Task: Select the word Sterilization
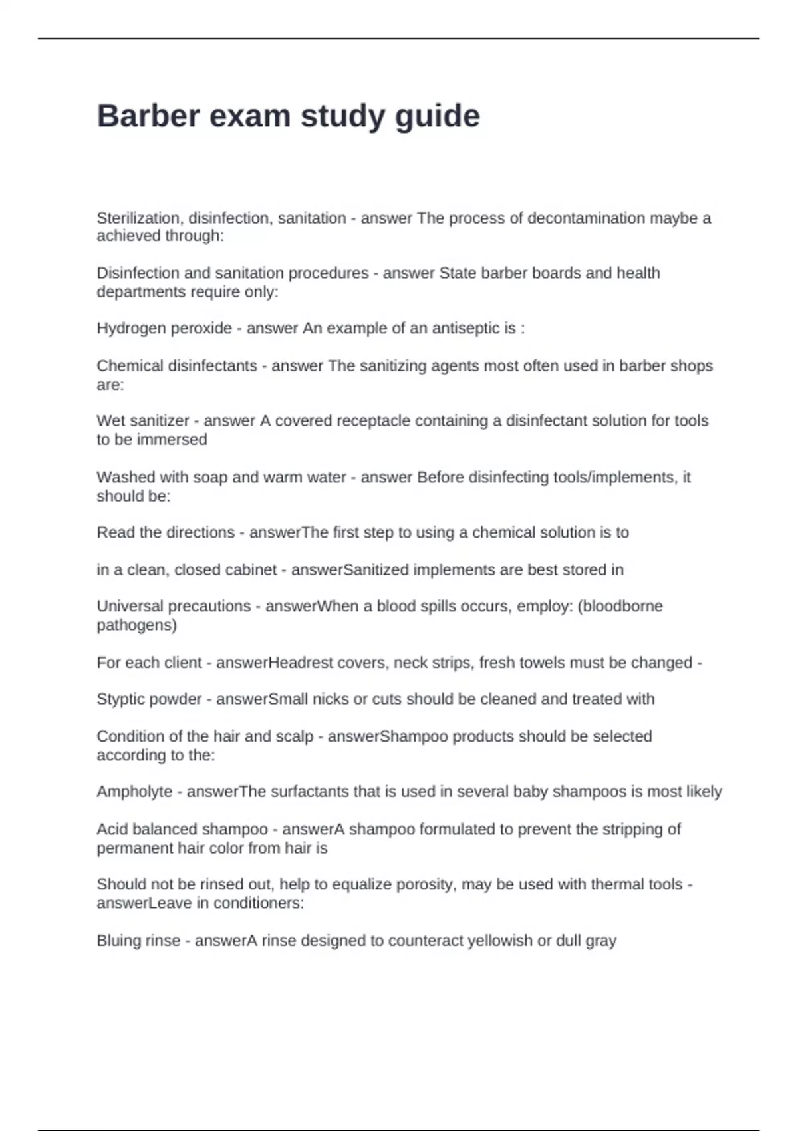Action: pyautogui.click(x=140, y=218)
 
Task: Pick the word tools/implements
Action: pyautogui.click(x=612, y=478)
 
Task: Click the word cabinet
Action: pyautogui.click(x=251, y=570)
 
